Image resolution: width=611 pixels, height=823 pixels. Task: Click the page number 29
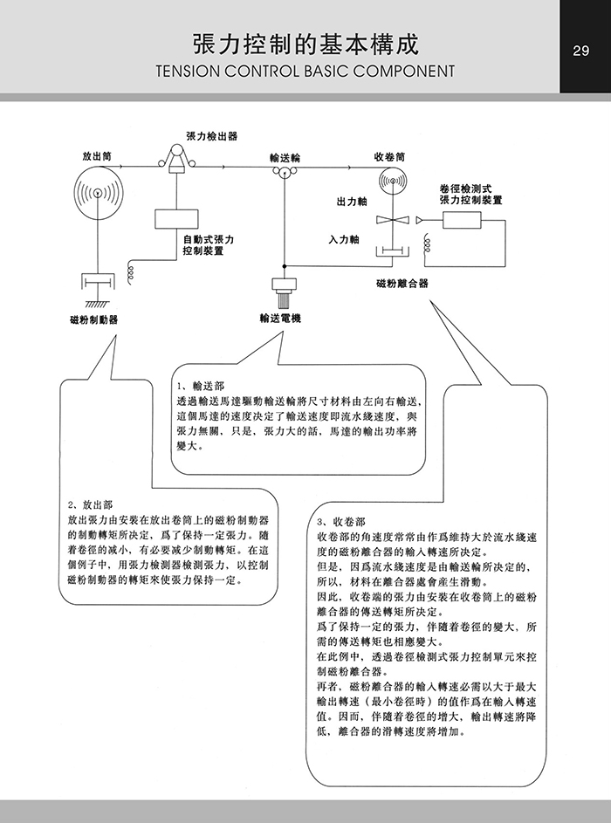point(581,51)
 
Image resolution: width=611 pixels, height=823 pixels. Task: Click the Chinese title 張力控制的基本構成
point(305,45)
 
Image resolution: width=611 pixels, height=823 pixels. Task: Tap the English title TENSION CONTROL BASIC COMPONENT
point(305,71)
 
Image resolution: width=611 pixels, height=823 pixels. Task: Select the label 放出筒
point(96,156)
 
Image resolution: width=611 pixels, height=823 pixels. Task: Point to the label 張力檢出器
point(211,137)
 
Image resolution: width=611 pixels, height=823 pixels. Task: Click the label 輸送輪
point(285,157)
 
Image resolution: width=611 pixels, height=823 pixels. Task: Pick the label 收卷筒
point(389,157)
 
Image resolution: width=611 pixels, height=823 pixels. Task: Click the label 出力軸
point(352,202)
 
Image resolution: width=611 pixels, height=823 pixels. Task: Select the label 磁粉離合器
point(402,284)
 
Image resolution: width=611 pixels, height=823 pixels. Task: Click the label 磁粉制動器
point(94,319)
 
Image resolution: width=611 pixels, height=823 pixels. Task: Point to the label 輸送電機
point(280,319)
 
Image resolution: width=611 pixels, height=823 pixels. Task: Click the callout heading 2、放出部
point(89,504)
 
